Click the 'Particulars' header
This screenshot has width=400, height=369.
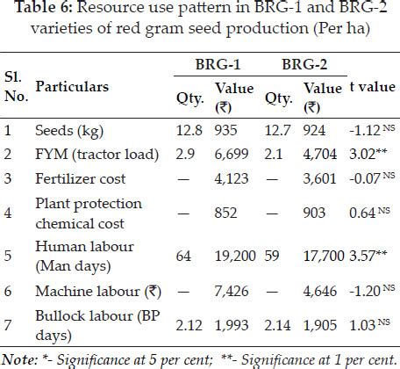(x=72, y=88)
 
